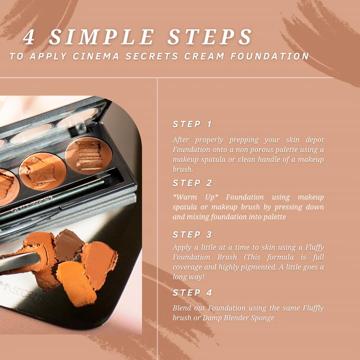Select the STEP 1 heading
192,124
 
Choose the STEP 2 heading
192,183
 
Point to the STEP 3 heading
192,234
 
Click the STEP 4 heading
192,292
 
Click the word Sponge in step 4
262,317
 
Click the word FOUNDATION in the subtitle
270,56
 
